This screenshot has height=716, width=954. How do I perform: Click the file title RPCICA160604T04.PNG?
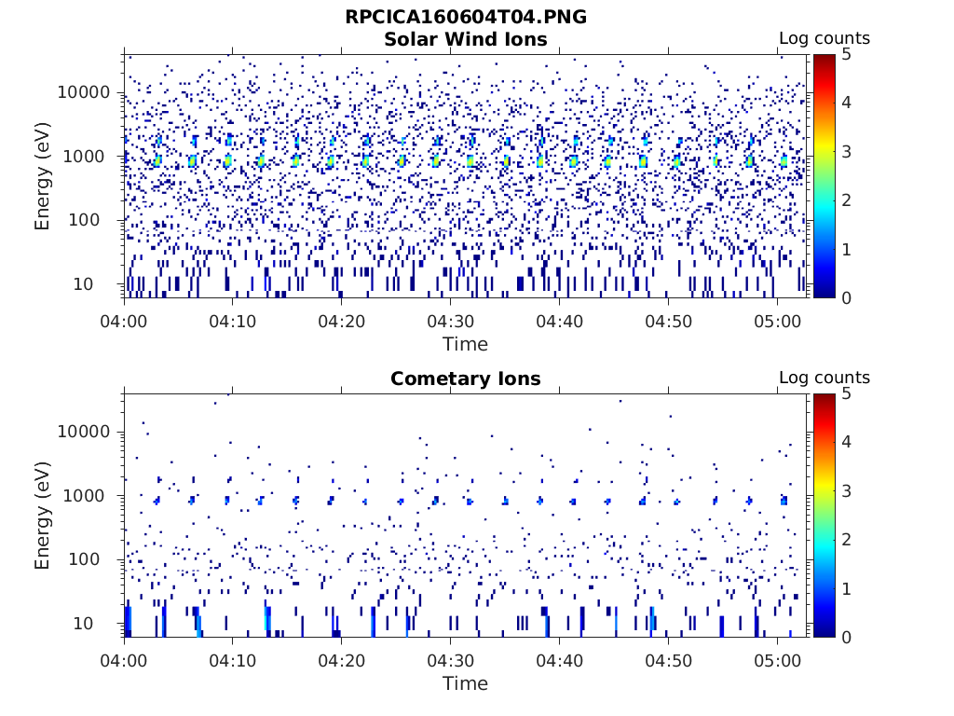point(465,17)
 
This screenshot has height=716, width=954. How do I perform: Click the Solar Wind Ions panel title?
point(465,39)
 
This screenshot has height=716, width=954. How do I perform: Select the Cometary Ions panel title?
point(465,379)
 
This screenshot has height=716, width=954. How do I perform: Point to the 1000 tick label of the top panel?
point(90,156)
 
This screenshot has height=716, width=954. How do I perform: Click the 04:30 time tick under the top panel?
point(450,321)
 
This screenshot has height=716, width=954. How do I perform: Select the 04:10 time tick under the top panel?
point(232,321)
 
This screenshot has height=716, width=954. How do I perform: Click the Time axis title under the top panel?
point(465,344)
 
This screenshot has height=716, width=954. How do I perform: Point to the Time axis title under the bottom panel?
point(465,683)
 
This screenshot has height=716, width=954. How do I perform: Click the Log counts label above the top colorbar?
point(824,38)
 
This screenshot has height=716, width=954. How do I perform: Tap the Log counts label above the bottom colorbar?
point(824,378)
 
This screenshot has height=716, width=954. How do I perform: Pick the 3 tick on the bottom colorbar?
point(846,490)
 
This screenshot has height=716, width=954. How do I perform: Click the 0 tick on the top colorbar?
point(846,297)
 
